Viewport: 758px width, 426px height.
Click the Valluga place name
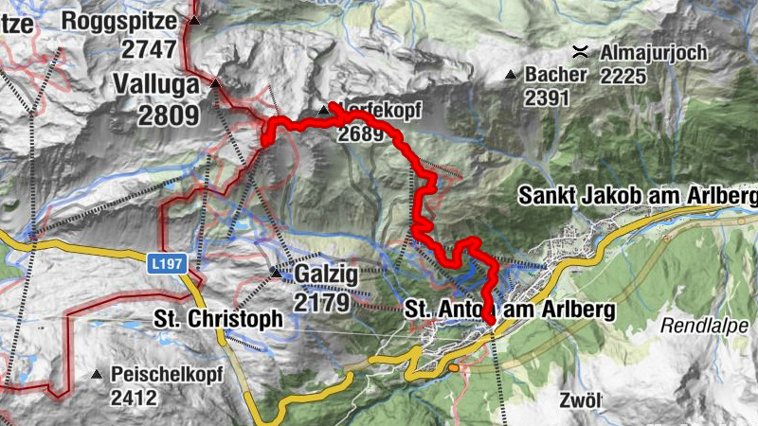pos(156,83)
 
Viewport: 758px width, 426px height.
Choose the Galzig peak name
pos(328,274)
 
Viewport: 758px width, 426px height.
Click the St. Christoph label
pos(219,319)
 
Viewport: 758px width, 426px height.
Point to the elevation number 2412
pos(134,399)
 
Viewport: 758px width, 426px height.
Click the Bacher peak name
pos(557,74)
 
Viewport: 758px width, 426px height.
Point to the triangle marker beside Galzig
pos(277,274)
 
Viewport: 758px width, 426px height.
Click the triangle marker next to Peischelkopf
pos(97,375)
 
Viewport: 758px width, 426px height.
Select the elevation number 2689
pos(360,134)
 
